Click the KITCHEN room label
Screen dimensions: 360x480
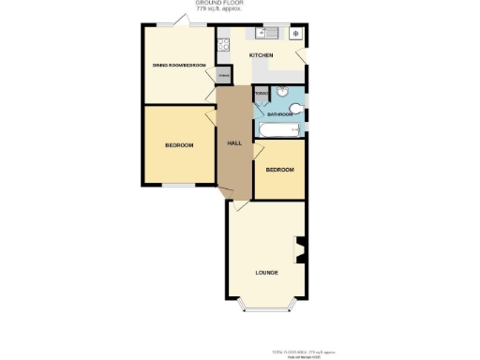[262, 56]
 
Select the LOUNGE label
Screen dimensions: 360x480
[266, 273]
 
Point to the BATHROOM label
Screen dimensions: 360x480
[279, 114]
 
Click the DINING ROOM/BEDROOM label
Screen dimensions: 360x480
[179, 65]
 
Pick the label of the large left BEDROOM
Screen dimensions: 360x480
[179, 145]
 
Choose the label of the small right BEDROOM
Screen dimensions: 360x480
[279, 170]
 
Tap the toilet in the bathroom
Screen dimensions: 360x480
[296, 110]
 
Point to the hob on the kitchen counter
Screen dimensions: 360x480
[225, 42]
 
